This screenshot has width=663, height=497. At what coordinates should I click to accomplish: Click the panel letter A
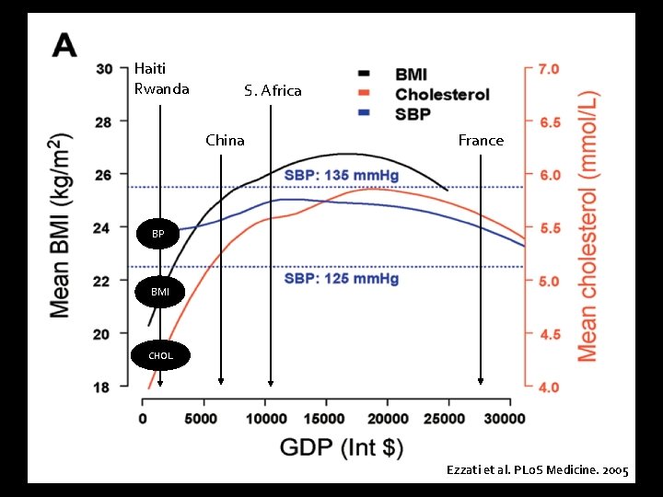(64, 45)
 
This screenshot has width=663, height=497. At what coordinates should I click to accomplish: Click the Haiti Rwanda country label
(161, 78)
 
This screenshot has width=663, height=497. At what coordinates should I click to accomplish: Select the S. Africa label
(273, 90)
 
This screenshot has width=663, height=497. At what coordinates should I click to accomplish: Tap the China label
(225, 140)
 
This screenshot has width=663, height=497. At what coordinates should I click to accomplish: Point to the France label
(481, 140)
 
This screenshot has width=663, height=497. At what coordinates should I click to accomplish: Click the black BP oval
(158, 235)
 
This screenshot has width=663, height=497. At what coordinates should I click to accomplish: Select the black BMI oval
(159, 292)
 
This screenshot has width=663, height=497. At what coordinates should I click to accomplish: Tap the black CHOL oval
(159, 354)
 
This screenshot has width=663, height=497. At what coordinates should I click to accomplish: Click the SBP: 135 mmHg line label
(342, 175)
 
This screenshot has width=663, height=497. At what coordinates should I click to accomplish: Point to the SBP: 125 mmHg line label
(342, 278)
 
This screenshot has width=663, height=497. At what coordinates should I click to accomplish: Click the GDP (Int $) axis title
(342, 448)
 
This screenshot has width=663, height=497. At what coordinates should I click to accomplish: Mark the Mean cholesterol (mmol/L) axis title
(587, 225)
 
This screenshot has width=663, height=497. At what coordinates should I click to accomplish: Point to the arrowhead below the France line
(481, 381)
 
